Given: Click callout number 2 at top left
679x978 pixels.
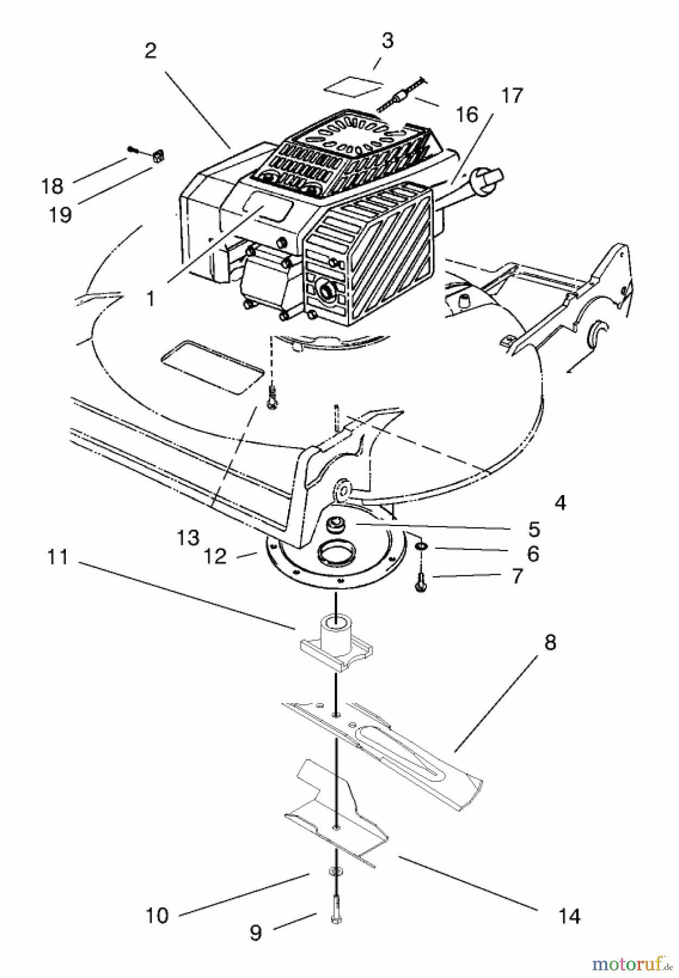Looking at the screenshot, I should (150, 51).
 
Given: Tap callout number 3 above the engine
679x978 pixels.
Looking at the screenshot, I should (387, 41).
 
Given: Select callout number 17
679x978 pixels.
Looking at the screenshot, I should (511, 95).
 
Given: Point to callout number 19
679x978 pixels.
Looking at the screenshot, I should (60, 215).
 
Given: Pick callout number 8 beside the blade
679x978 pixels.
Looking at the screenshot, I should (550, 643).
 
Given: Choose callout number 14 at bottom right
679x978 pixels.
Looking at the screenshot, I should (569, 916).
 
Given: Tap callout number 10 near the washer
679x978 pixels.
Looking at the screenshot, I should (157, 916).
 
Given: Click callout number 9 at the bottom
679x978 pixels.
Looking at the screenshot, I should (255, 932).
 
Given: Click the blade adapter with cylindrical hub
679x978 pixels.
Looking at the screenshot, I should (336, 644).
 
